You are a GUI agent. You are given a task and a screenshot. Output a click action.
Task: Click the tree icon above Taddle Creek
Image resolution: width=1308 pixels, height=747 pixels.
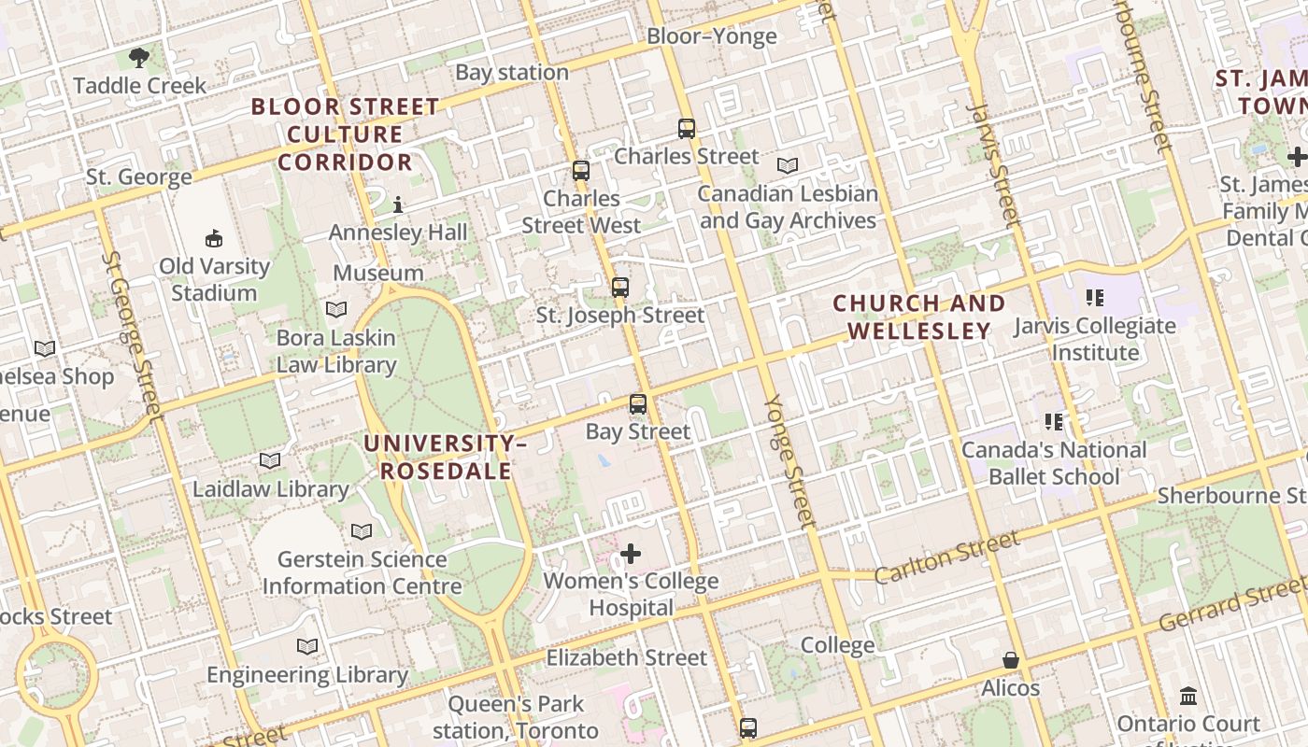click(139, 58)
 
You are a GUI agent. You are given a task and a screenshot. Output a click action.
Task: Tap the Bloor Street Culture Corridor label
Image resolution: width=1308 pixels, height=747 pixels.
click(345, 134)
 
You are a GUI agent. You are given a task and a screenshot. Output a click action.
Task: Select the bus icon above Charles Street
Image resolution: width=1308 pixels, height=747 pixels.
click(687, 129)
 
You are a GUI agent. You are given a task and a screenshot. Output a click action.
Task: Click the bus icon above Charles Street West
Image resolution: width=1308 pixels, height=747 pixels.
click(581, 171)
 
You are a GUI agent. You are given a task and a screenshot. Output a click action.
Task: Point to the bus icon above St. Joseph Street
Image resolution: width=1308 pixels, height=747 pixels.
click(620, 288)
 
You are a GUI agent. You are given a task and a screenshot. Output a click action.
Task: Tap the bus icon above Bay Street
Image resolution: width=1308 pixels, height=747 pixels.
click(638, 404)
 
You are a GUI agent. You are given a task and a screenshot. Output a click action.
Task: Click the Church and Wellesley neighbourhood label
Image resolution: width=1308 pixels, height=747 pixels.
click(919, 317)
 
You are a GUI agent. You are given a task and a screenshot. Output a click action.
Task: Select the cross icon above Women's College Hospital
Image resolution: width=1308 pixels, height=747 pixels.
click(632, 554)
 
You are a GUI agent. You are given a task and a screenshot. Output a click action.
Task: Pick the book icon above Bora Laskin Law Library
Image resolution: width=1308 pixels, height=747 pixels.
click(336, 309)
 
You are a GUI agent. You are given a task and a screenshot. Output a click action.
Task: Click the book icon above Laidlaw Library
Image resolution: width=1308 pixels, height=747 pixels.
click(270, 460)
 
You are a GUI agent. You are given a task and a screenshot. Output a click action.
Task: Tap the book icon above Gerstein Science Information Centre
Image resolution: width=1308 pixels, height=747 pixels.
click(362, 531)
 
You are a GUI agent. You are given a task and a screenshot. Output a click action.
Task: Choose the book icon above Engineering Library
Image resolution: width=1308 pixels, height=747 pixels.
click(307, 646)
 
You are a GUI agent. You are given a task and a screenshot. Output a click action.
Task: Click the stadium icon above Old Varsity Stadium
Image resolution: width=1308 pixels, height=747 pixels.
click(214, 238)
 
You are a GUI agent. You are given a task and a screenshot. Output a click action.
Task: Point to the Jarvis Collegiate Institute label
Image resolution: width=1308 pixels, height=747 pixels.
click(1095, 339)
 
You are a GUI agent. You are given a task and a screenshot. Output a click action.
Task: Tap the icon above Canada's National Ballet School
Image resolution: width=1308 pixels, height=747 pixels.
click(1054, 422)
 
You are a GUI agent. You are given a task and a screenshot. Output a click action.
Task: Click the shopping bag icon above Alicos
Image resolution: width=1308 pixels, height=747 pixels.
click(1010, 660)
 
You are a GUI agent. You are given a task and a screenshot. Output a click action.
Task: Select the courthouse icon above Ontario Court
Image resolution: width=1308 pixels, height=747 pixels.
click(1188, 696)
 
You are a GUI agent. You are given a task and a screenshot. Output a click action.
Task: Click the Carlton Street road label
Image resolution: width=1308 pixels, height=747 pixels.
click(946, 557)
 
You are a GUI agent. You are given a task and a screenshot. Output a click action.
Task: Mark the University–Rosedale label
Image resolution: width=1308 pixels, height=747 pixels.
click(446, 457)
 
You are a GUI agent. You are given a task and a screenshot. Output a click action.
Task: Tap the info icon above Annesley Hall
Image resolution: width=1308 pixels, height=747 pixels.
click(398, 204)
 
